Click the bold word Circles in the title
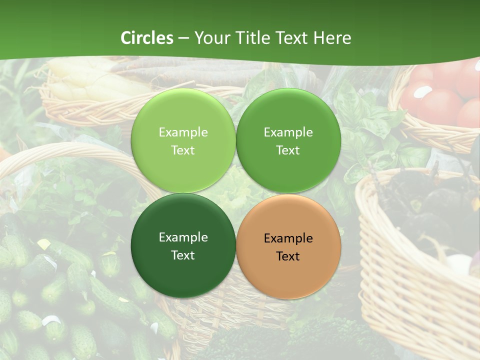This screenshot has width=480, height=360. [x=147, y=38]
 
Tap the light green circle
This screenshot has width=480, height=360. [x=183, y=141]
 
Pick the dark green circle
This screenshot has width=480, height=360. [x=183, y=246]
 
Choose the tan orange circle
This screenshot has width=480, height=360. [x=288, y=247]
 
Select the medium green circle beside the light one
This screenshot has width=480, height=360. [x=288, y=141]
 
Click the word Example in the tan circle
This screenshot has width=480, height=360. [x=288, y=238]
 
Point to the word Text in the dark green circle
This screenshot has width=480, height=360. [x=183, y=255]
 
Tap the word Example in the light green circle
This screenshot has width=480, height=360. [x=183, y=132]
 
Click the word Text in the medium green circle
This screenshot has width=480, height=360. [x=288, y=150]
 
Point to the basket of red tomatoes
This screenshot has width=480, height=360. [x=440, y=100]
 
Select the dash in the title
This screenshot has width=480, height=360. [x=183, y=38]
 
